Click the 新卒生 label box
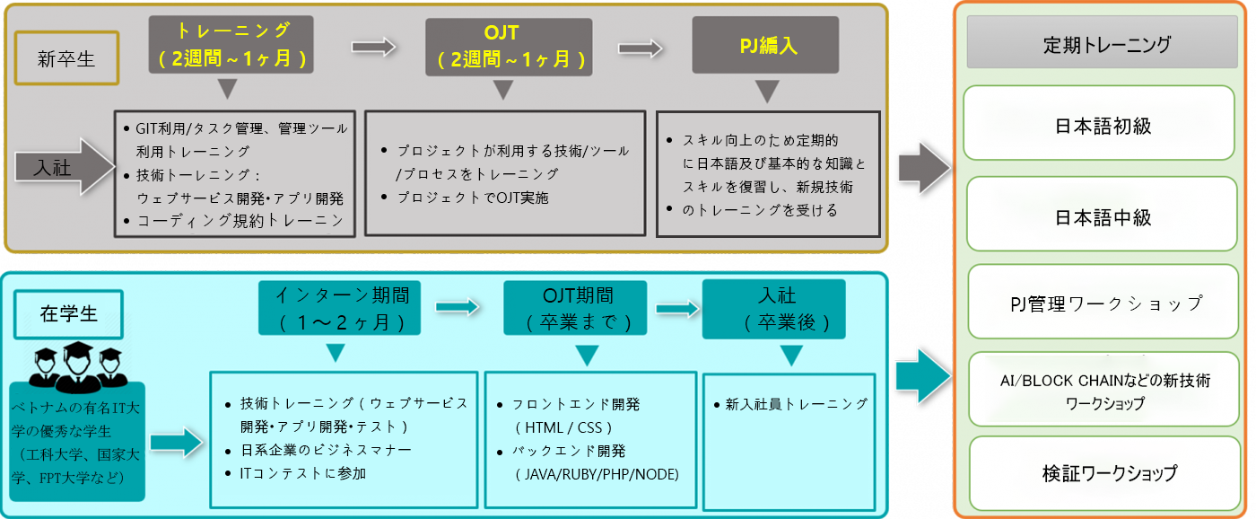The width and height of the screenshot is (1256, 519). [66, 58]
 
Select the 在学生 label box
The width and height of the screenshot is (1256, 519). [68, 313]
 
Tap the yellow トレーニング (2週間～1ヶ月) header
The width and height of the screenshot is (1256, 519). [231, 44]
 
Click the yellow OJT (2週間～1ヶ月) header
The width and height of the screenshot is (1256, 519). [509, 47]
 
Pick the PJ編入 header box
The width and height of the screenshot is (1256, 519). [765, 45]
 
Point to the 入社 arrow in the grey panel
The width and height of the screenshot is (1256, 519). [65, 167]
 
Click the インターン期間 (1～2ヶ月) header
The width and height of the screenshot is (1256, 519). [339, 308]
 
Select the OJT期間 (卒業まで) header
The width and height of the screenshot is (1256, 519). [575, 308]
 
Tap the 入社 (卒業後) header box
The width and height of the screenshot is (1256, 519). [773, 309]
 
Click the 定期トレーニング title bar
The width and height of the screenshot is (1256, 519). [1103, 42]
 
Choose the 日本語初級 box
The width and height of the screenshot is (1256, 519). [1100, 123]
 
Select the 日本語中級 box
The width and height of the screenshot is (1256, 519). [1103, 215]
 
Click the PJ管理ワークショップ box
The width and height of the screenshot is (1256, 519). [1103, 302]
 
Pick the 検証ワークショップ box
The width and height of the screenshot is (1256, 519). [1105, 473]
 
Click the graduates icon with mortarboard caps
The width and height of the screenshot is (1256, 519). [78, 366]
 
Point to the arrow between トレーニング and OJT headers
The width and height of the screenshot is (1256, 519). [373, 47]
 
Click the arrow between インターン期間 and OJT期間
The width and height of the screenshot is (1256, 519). [458, 307]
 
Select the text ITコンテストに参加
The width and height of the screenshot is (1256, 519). [303, 473]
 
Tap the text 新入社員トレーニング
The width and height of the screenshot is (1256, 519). [797, 404]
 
